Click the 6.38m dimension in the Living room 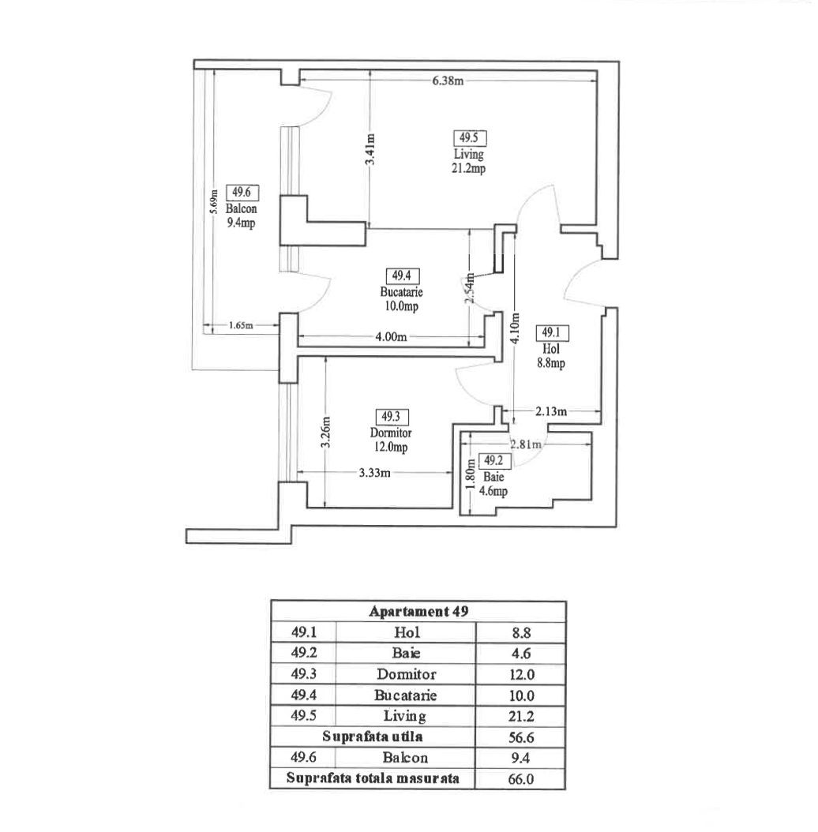447,81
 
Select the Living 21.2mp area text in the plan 468,161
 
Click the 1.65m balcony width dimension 240,325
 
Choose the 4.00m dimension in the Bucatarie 391,338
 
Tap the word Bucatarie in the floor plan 402,292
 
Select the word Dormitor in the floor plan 391,433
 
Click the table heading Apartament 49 417,612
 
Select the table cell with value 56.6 520,737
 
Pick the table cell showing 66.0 520,779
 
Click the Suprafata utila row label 372,737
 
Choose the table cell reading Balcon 405,758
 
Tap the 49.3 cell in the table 303,674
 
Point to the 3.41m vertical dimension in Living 370,149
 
